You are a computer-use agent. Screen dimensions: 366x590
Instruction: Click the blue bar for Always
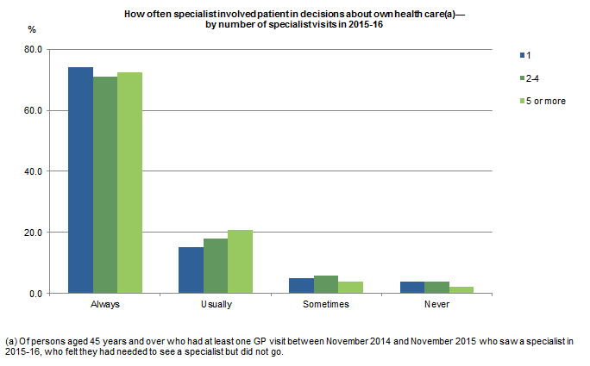point(80,180)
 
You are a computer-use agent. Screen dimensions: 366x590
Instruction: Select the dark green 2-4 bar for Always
point(105,185)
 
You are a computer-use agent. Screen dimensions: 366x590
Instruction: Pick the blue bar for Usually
point(191,270)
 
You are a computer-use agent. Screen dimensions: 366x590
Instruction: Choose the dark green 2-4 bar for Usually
point(216,266)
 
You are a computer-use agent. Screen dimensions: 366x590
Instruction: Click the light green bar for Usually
point(241,262)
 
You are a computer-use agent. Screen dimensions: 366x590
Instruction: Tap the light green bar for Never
point(461,290)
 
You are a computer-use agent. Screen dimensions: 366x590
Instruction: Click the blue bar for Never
point(411,288)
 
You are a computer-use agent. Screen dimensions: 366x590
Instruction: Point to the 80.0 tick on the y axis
point(34,49)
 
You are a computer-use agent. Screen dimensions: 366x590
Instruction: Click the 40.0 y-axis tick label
point(34,171)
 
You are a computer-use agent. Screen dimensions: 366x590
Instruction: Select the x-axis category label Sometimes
point(326,306)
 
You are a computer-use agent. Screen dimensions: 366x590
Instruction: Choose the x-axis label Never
point(436,306)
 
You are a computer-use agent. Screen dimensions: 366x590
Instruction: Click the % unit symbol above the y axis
point(31,30)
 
